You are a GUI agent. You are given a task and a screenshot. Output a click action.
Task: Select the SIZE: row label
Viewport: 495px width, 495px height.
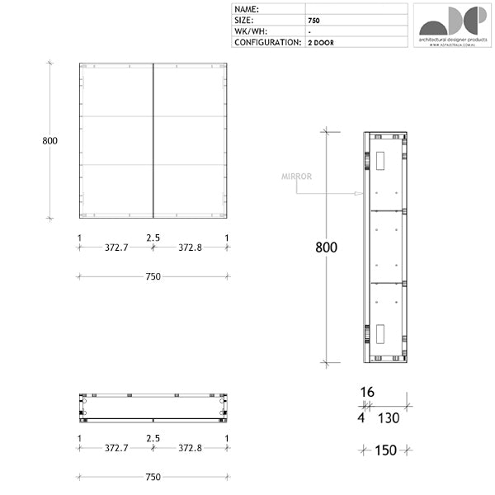(x=245, y=20)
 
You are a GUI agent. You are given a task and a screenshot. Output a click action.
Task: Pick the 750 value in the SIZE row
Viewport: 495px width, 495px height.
(x=314, y=20)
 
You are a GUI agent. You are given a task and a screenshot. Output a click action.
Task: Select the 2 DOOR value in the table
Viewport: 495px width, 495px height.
(x=321, y=41)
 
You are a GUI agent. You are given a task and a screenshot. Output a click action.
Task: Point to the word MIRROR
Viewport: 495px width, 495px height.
(x=295, y=177)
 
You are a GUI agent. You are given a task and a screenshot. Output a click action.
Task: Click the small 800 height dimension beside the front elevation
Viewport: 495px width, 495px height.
(x=49, y=140)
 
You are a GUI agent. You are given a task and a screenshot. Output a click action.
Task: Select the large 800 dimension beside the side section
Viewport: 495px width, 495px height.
(x=328, y=247)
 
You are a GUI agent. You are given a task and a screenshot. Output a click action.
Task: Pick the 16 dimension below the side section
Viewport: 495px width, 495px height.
(x=368, y=392)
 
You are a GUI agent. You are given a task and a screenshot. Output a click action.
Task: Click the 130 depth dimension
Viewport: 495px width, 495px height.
(x=389, y=418)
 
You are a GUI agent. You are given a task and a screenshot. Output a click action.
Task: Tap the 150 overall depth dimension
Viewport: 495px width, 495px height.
(x=385, y=450)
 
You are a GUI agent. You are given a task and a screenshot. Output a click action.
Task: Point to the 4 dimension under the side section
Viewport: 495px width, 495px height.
(x=361, y=418)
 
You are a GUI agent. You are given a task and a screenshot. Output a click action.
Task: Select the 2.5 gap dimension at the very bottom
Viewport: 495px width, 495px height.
(x=153, y=438)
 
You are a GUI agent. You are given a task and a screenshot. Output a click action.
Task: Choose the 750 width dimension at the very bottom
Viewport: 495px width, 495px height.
(x=153, y=477)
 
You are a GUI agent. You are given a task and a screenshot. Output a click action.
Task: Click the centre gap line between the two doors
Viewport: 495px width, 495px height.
(x=153, y=140)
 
